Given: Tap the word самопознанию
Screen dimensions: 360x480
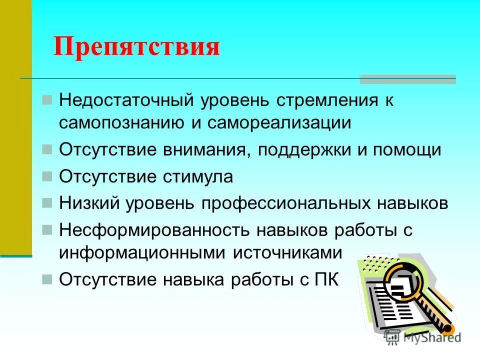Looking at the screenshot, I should click(123, 123).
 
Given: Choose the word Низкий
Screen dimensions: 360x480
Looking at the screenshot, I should click(90, 203).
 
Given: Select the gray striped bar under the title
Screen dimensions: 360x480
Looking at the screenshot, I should click(408, 79).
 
